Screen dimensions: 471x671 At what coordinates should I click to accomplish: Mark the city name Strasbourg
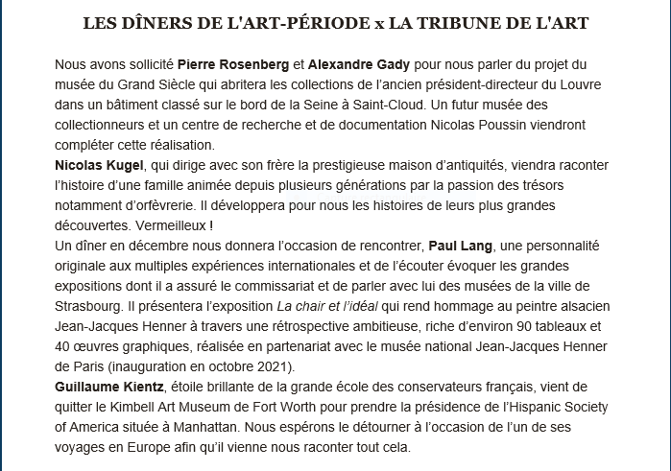(x=91, y=306)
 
